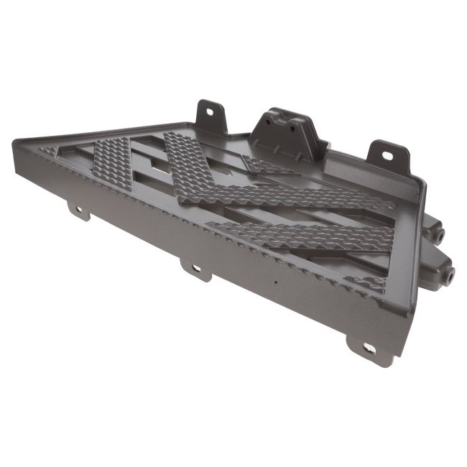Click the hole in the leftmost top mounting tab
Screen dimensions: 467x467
[211, 112]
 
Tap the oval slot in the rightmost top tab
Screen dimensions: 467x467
[388, 154]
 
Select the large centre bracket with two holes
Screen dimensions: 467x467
[287, 133]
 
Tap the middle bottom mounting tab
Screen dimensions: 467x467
[195, 270]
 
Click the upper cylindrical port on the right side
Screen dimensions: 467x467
[437, 234]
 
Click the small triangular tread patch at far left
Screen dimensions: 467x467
[50, 151]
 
